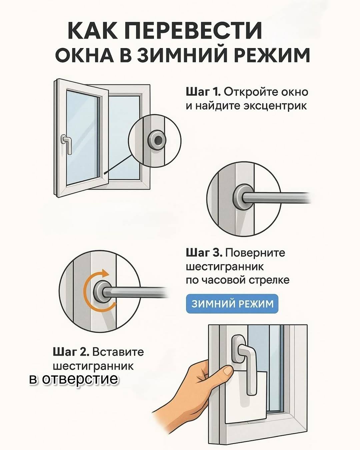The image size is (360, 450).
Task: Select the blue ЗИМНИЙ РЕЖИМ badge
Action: (232, 304)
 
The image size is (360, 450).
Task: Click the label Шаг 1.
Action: (203, 92)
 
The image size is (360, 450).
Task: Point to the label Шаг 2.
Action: (71, 352)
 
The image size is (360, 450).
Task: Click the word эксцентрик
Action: (275, 106)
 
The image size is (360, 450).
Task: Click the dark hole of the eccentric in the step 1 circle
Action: (158, 139)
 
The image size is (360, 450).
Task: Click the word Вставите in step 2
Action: (118, 352)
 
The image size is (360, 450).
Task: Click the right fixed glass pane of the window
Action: (124, 137)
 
